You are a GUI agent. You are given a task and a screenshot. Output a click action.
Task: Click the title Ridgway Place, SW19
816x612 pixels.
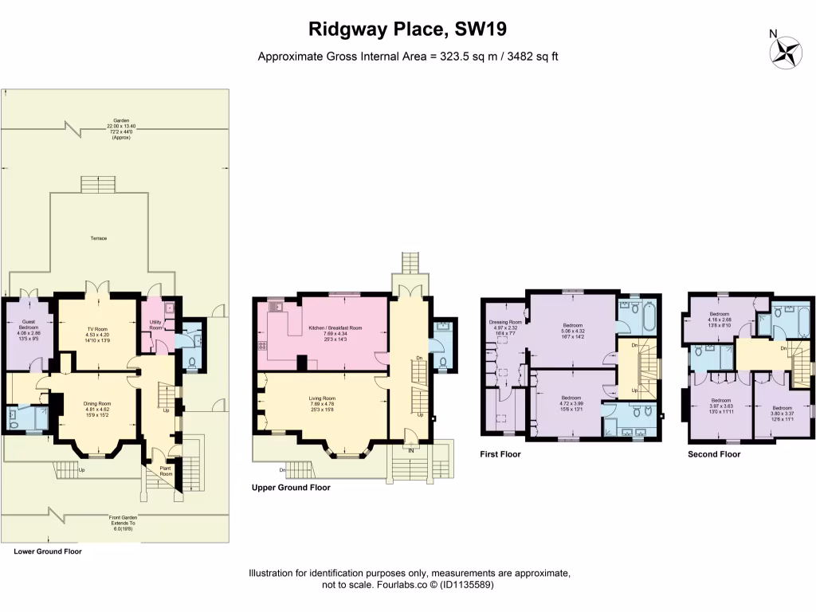(408, 29)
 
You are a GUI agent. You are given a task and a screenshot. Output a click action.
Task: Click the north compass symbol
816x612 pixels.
(784, 52)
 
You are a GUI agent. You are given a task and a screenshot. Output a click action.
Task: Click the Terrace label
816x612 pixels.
(98, 238)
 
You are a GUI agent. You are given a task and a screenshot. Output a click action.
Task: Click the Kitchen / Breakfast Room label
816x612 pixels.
(335, 328)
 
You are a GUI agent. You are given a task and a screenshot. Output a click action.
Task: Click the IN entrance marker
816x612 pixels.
(411, 450)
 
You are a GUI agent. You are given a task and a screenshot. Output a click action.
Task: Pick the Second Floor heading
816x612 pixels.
(714, 454)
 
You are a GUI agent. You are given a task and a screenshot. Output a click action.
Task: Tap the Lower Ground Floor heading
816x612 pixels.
(48, 551)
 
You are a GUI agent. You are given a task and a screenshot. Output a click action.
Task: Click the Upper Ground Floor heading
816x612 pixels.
(291, 487)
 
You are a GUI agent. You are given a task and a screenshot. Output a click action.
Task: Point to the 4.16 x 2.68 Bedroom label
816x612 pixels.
(720, 319)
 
